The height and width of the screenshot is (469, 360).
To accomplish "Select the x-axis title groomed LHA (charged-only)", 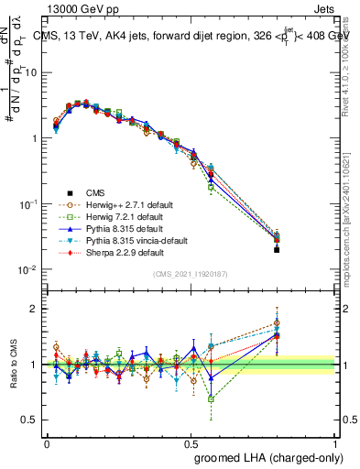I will pos(265,456).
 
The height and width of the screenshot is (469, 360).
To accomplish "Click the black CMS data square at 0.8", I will pos(278,249).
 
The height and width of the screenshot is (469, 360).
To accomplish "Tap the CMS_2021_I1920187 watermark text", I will pos(191,274).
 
